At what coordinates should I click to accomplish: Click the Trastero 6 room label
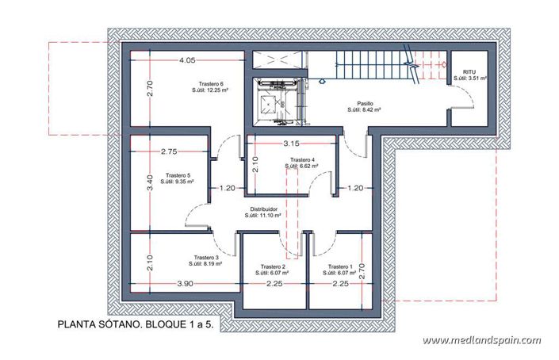210,84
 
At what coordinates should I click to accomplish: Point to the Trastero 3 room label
205,258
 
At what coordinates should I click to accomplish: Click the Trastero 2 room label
272,266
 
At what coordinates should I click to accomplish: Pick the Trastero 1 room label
339,266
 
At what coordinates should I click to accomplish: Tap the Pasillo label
365,103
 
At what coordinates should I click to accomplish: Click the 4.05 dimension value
188,60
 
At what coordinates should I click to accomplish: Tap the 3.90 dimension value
185,283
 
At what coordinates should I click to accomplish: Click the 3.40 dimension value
140,184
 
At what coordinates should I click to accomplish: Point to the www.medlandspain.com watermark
481,340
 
